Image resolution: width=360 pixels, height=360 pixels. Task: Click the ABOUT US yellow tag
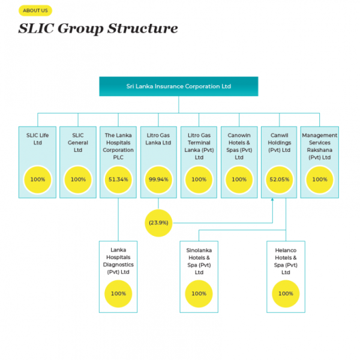point(35,10)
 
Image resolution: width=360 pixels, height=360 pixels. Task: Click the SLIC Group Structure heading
point(98,28)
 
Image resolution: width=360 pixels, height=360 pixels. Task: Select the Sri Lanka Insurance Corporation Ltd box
point(178,86)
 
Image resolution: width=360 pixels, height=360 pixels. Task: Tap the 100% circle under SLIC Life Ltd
point(38,179)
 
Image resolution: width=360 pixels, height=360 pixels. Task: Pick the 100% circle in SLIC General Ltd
point(78,179)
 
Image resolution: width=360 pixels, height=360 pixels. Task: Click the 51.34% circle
point(118,179)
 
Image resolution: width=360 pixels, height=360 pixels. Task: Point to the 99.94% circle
point(158,179)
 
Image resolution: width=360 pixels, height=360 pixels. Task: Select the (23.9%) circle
point(158,223)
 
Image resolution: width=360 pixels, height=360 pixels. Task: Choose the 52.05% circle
point(280,179)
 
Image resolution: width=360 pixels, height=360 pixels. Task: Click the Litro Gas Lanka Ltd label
point(158,139)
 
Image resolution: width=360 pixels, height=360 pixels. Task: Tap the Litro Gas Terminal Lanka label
point(199,146)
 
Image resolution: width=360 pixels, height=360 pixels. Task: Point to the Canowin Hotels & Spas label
point(239,146)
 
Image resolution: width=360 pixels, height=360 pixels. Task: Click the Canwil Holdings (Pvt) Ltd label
point(280,142)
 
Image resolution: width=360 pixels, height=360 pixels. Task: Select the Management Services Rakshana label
point(320,146)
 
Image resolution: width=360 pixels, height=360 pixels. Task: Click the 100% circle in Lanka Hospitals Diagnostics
point(118,293)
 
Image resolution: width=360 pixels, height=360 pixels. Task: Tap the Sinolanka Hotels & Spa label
point(199,260)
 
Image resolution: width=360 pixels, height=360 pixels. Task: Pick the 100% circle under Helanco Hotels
point(286,293)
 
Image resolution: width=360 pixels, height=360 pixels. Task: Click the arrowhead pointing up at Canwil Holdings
point(274,201)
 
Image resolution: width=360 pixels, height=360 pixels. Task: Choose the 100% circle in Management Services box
point(320,179)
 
